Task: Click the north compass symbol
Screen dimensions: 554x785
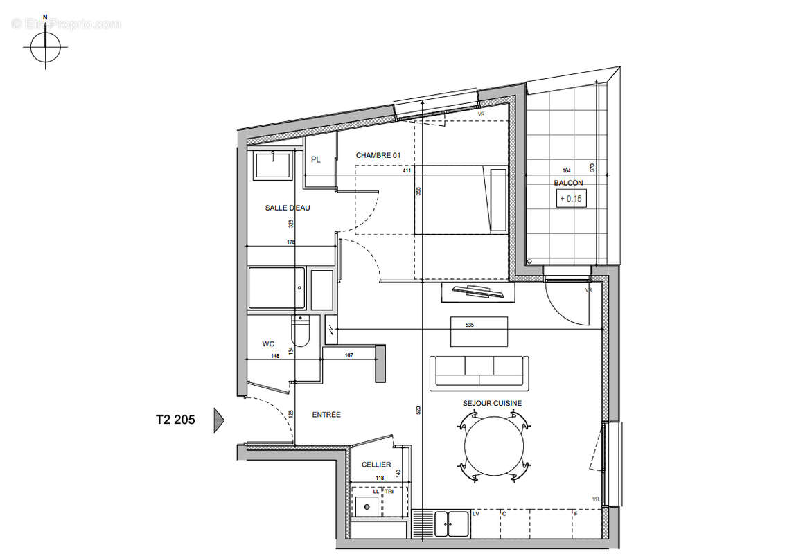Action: [46, 48]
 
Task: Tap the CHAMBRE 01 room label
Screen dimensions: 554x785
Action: [378, 156]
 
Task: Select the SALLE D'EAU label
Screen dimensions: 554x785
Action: [288, 208]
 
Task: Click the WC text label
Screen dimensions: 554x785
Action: [268, 343]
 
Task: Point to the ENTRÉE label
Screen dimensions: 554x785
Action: [326, 415]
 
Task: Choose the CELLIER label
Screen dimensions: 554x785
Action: [376, 465]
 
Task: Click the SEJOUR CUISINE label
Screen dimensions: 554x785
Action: [492, 403]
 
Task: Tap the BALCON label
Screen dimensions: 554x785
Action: [567, 184]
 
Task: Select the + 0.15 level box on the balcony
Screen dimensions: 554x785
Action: [572, 199]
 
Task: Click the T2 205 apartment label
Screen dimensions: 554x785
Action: [175, 419]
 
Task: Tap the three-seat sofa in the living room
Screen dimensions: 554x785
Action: [479, 371]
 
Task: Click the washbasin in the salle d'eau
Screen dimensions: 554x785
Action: [275, 166]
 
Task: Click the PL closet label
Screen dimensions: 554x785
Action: [316, 160]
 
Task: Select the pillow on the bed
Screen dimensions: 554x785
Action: [497, 199]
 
